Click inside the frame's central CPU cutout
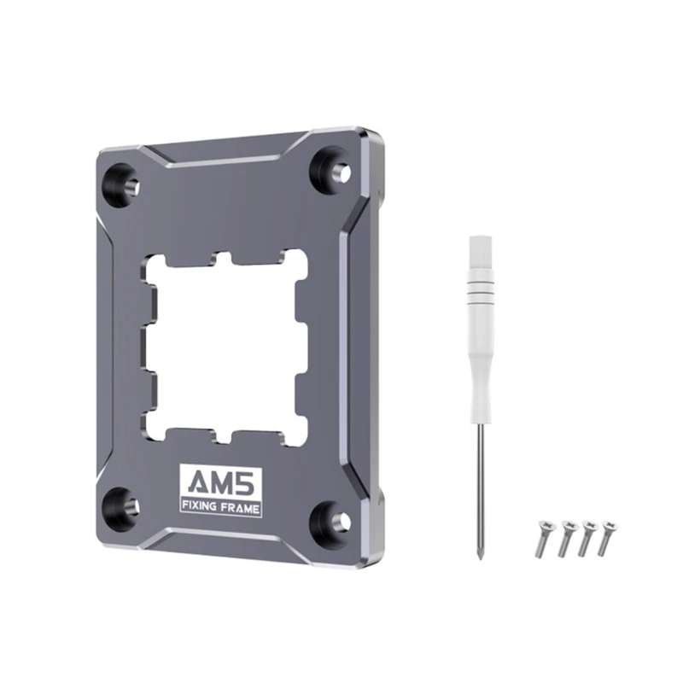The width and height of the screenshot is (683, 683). point(225,342)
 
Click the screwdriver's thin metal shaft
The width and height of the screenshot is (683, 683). point(480,487)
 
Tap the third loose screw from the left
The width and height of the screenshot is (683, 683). point(587,536)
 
